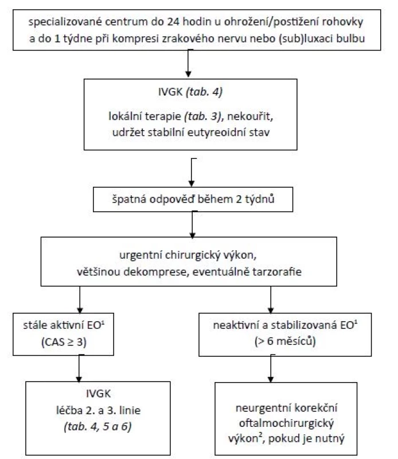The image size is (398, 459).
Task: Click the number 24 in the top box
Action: point(173,22)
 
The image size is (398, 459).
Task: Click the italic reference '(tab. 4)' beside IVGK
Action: point(204,92)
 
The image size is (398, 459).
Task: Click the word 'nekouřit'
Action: point(250,116)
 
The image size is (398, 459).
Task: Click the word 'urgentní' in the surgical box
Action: point(141,255)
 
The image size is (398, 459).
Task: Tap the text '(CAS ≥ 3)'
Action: point(64,342)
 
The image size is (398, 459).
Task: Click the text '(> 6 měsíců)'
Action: point(285,341)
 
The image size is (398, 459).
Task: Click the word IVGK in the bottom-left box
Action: point(98,394)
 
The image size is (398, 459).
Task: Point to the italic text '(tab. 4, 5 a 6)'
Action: point(97,427)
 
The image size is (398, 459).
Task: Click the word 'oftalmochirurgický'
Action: point(286,423)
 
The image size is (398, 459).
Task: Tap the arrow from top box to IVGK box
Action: point(189,64)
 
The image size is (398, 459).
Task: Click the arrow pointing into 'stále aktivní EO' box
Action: point(80,299)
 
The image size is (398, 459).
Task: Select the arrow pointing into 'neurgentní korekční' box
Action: point(271,368)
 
